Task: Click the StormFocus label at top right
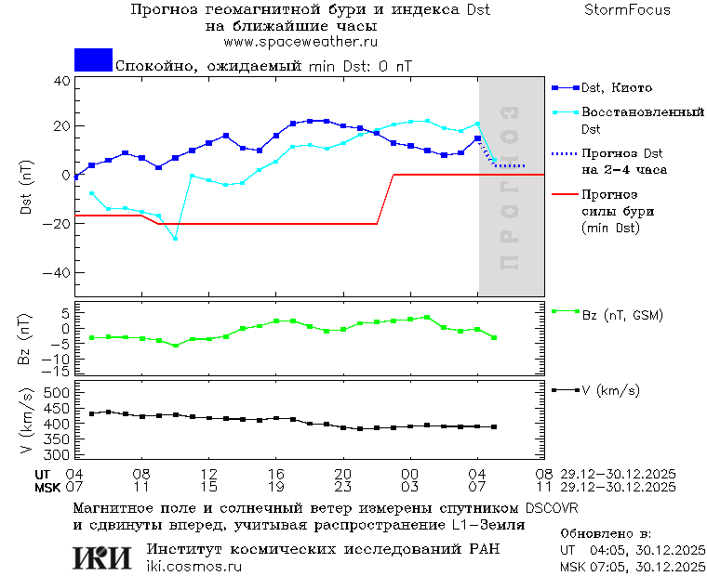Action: pos(627,10)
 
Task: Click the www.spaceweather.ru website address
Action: pos(300,42)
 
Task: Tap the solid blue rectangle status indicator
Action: pos(93,59)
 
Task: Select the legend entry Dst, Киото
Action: pos(617,88)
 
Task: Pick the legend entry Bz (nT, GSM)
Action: pos(621,315)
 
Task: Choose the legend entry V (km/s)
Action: pos(610,391)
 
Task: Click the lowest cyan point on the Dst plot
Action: pos(175,239)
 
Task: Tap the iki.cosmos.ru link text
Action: pos(193,567)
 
